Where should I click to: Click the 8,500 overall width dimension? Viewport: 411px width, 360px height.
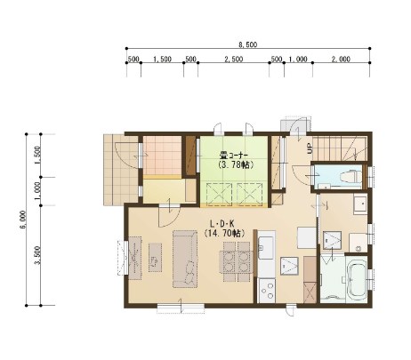tap(248, 44)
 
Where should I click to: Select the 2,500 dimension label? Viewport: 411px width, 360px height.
tap(234, 59)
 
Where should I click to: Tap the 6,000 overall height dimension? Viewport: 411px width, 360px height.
tap(24, 220)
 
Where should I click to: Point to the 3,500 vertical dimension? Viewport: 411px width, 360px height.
tap(38, 255)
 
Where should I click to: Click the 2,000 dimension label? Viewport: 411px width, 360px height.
tap(341, 59)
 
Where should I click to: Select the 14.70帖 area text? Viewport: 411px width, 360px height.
tap(224, 233)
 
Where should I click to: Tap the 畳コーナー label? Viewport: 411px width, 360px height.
tap(234, 155)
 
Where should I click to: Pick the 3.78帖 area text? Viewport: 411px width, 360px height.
tap(236, 164)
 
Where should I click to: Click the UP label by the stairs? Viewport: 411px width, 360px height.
tap(310, 148)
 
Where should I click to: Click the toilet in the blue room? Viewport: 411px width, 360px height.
tap(351, 177)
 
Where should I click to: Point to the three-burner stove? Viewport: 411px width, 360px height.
tap(267, 291)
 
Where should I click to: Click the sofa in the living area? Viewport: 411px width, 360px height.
tap(185, 260)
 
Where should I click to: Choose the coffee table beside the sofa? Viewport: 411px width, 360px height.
tap(155, 258)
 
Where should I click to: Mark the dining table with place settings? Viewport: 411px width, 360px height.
tap(236, 262)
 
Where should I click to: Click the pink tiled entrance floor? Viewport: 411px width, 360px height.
tap(162, 156)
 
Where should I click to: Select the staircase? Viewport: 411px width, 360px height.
tap(340, 148)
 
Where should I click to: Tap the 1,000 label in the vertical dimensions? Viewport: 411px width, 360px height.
tap(38, 191)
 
